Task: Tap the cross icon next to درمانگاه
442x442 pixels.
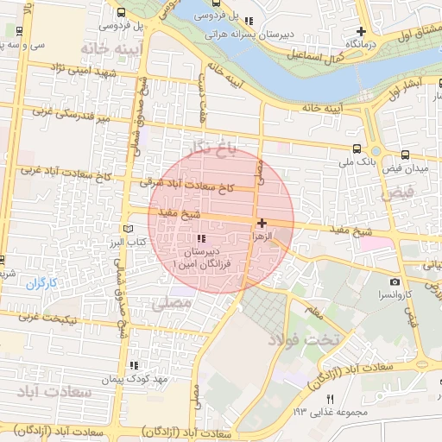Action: [362, 31]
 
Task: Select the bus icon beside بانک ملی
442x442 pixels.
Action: [357, 148]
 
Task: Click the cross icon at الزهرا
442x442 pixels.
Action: [262, 223]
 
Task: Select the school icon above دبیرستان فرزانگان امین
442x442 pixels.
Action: [201, 238]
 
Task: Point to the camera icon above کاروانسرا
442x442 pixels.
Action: [395, 281]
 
